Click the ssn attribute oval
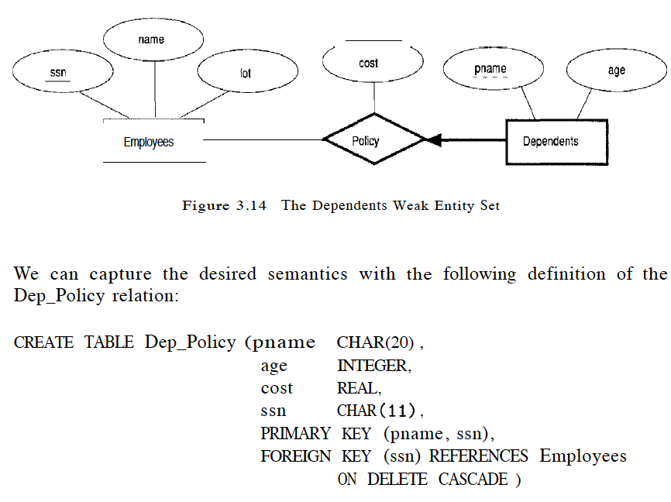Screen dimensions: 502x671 click(x=58, y=74)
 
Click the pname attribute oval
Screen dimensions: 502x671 click(x=490, y=70)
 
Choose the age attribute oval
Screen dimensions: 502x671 click(x=616, y=70)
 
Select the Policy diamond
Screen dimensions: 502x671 click(x=374, y=140)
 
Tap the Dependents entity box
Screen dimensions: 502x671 click(x=556, y=142)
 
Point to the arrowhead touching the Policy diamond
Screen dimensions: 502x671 click(x=434, y=140)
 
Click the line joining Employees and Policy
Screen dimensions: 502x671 click(x=263, y=140)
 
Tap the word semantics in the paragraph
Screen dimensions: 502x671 click(x=307, y=274)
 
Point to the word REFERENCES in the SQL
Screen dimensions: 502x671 click(x=479, y=456)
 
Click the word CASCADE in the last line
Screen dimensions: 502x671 click(x=472, y=479)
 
